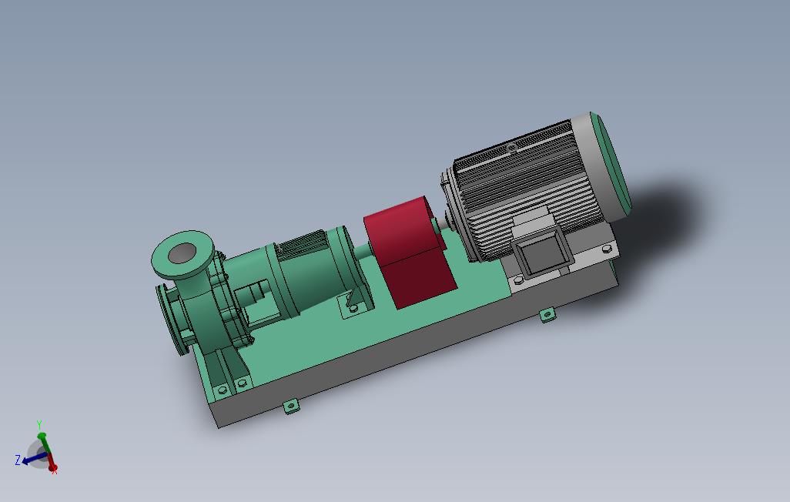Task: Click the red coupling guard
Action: pos(408,252)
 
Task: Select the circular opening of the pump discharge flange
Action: pos(182,253)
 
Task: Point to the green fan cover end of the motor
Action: pos(611,165)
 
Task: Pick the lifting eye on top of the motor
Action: pos(510,148)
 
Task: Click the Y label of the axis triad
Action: pos(38,425)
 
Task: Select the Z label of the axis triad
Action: pos(18,460)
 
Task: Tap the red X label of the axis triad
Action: pos(55,471)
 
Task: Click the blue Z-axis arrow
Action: pos(34,458)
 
